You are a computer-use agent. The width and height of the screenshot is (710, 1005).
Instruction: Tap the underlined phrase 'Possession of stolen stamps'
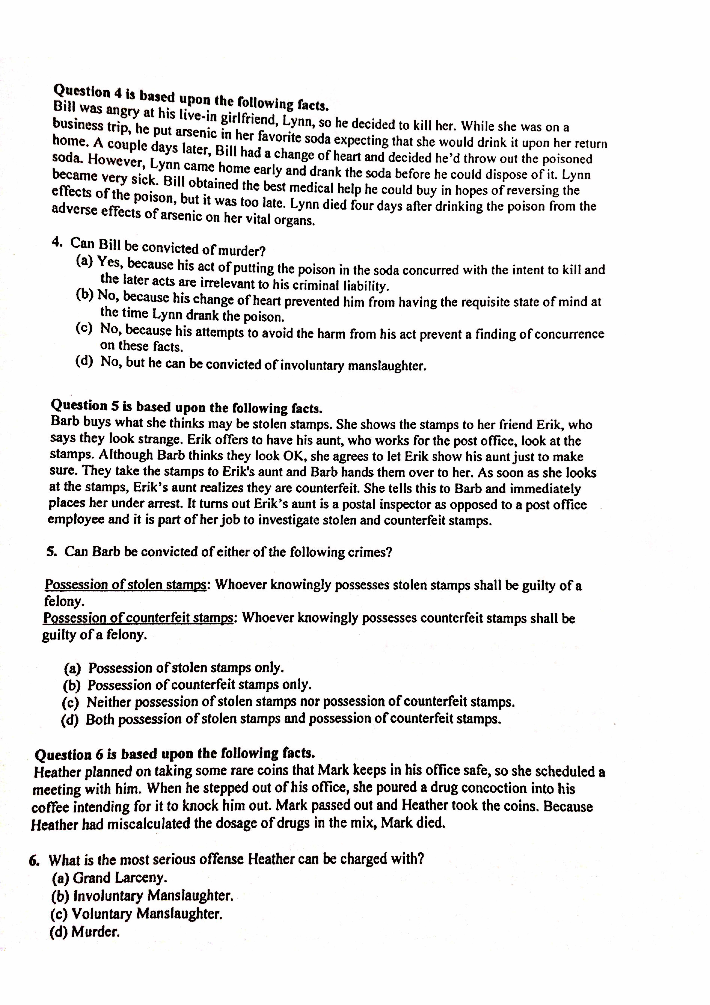point(126,585)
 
